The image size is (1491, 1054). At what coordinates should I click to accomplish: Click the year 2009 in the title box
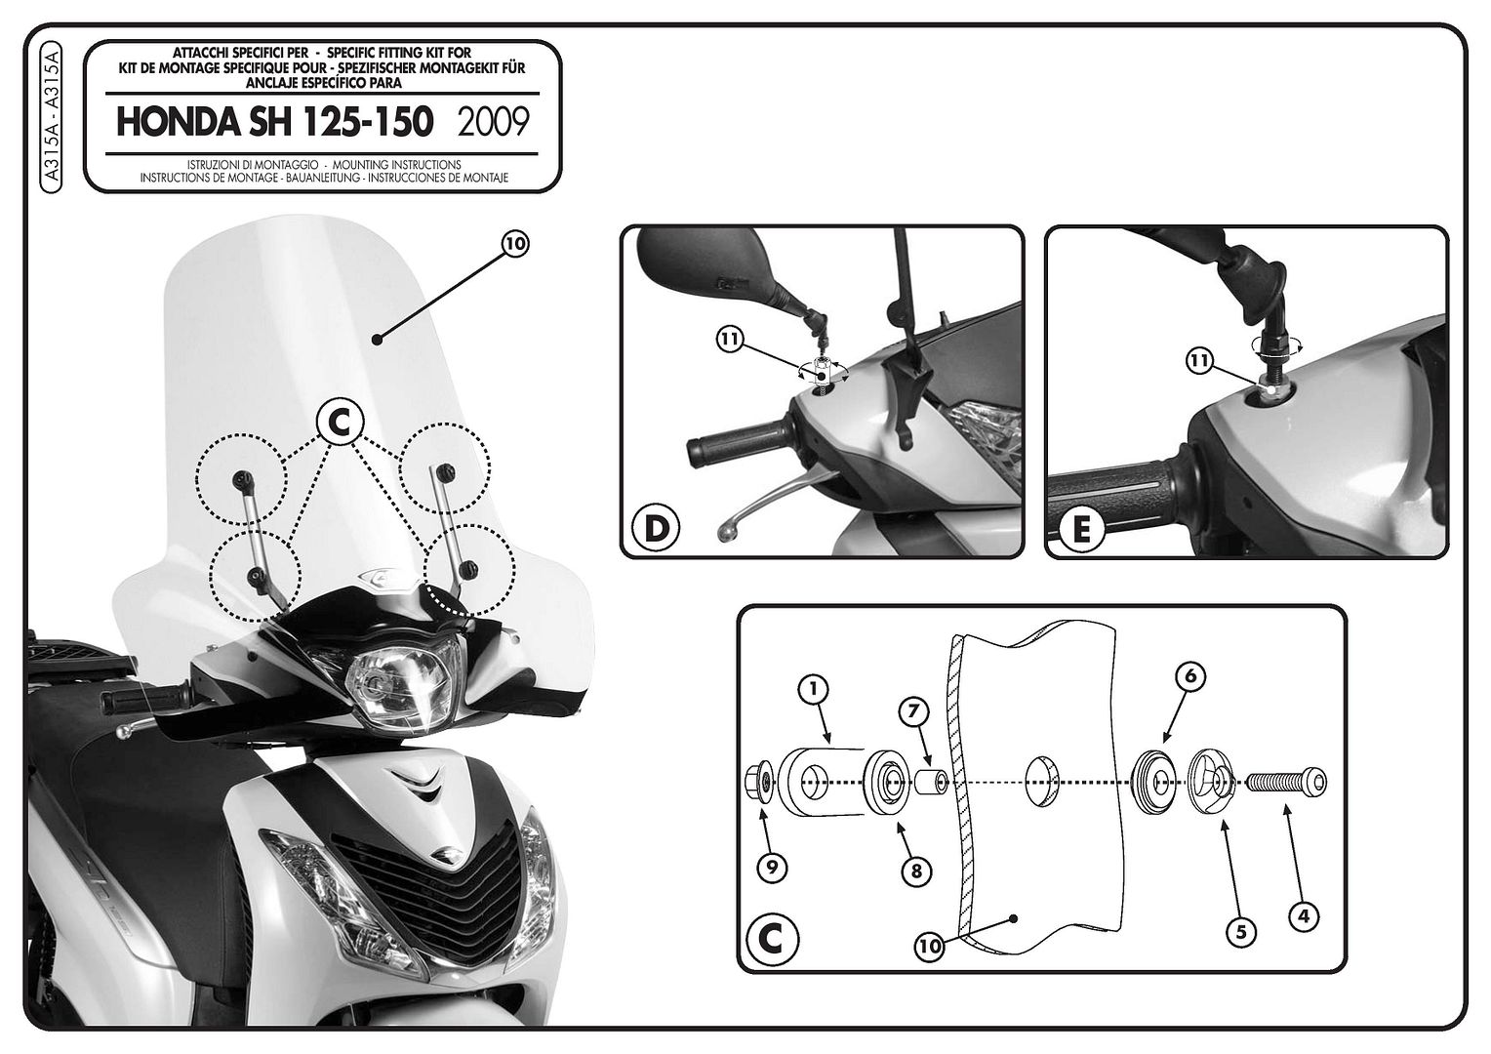tap(493, 123)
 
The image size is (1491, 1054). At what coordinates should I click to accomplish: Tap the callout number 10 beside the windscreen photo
tap(514, 244)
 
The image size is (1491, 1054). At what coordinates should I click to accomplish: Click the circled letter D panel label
tap(657, 527)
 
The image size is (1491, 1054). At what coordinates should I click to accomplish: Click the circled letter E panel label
tap(1081, 529)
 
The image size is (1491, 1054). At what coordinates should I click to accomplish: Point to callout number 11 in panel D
tap(730, 340)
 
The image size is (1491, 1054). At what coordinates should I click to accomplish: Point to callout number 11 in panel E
tap(1200, 361)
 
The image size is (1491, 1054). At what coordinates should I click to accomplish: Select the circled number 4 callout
tap(1304, 916)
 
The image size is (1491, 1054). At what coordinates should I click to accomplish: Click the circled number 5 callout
tap(1241, 931)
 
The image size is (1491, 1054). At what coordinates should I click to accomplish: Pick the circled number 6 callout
tap(1190, 676)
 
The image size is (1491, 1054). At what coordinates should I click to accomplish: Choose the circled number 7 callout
tap(913, 711)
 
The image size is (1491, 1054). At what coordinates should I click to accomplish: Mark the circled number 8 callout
tap(916, 871)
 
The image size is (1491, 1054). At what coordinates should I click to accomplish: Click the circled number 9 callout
tap(772, 867)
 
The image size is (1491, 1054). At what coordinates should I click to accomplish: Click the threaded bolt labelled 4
tap(1287, 782)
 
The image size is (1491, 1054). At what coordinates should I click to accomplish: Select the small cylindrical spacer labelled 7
tap(931, 781)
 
